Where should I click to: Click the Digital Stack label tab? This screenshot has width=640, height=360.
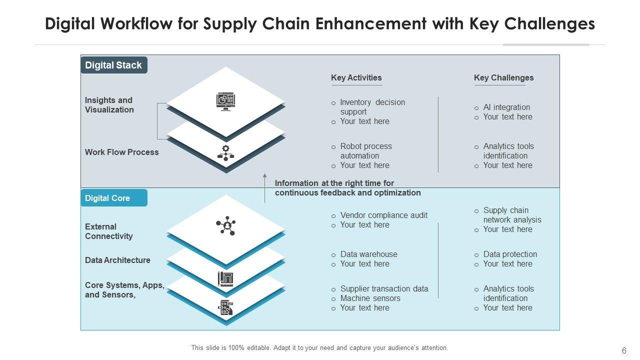tap(114, 65)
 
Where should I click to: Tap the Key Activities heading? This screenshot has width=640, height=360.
tap(356, 77)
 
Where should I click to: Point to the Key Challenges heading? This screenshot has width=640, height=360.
tap(503, 77)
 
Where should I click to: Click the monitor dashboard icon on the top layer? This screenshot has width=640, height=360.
tap(225, 101)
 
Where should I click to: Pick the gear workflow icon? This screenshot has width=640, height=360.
tap(225, 153)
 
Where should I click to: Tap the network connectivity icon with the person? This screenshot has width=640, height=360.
tap(226, 226)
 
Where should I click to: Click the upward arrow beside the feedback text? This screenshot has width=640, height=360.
tap(265, 187)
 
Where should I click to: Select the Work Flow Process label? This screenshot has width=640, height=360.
tap(121, 152)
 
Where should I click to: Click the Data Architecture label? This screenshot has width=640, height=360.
tap(117, 260)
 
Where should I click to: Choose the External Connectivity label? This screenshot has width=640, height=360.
tap(108, 231)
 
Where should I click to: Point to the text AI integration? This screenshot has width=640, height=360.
tap(506, 107)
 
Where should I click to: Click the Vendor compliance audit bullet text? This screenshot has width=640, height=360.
tap(383, 215)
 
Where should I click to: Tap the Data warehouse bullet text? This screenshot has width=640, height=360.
tap(368, 254)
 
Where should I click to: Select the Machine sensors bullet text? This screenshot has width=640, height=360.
tap(370, 298)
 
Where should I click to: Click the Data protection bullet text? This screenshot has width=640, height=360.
tap(510, 254)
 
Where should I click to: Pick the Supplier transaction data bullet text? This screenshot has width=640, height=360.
tap(384, 288)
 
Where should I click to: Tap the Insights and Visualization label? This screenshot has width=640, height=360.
tap(109, 105)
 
